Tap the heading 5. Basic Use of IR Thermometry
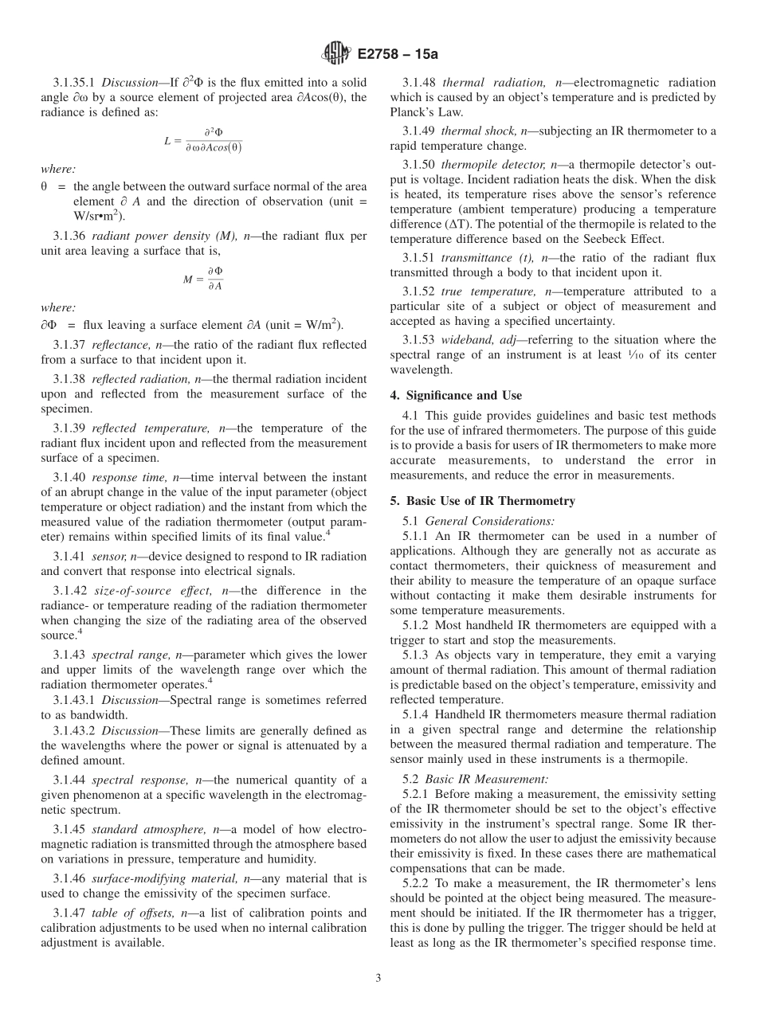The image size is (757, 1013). click(482, 501)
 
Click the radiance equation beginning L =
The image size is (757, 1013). click(203, 140)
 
